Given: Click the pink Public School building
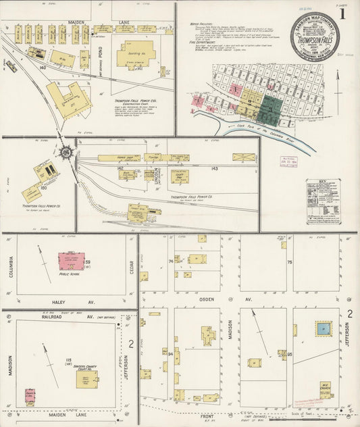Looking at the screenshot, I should [68, 261].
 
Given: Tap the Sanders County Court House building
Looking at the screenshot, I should [86, 380].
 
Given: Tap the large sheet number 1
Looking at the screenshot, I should [343, 14].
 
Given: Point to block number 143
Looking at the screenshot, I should [215, 168].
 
